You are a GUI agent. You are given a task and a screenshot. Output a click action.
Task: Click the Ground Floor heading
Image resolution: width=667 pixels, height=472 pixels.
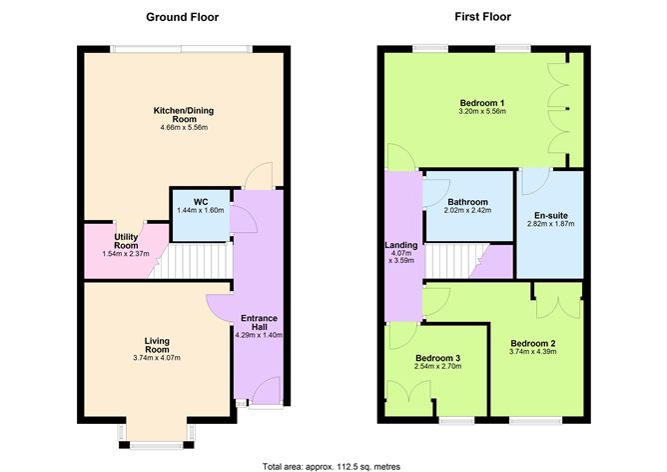[x=182, y=17]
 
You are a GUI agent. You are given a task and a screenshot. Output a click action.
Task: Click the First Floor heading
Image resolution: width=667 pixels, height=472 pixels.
[x=482, y=17]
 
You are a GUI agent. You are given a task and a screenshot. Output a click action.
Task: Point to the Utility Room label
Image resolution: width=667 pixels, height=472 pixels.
[x=126, y=240]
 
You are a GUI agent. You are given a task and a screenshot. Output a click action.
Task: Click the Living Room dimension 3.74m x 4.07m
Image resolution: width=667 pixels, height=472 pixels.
[x=156, y=358]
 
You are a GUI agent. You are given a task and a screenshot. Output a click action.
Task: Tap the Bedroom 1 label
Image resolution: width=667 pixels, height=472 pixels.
[x=482, y=103]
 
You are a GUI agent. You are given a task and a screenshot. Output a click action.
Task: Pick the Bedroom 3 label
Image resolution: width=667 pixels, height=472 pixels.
[x=438, y=357]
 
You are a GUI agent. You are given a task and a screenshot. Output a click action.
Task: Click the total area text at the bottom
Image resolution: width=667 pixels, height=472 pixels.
[x=333, y=465]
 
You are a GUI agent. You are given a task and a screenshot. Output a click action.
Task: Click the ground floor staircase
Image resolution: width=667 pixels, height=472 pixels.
[x=196, y=262]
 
